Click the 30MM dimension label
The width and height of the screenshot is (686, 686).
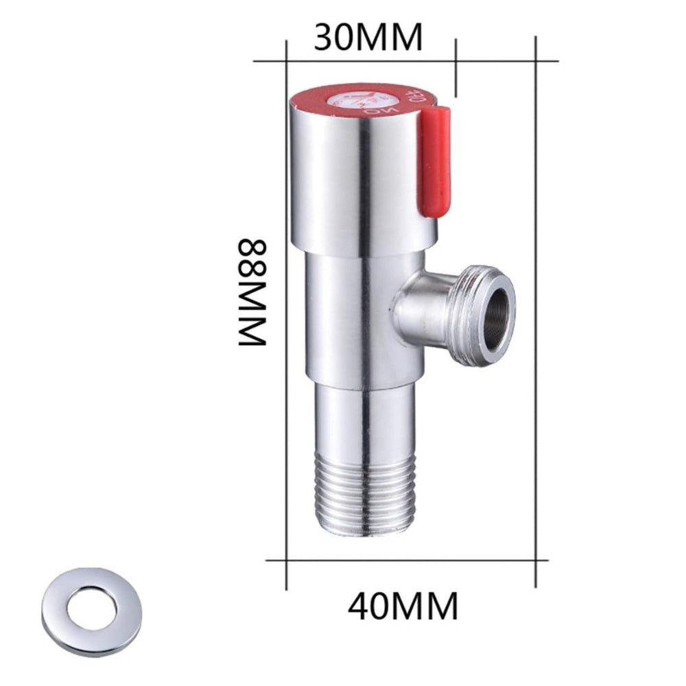(368, 38)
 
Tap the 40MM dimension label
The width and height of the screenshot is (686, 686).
(402, 606)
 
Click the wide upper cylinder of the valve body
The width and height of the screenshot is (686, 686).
(350, 185)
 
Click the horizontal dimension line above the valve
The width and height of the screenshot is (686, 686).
(405, 61)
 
